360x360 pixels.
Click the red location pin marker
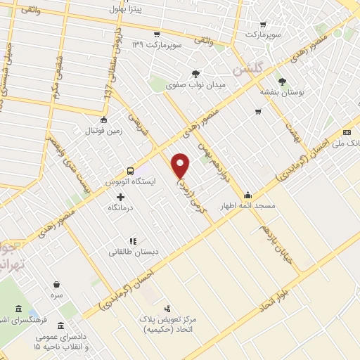pos(181,165)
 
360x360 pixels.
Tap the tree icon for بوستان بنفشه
pos(282,82)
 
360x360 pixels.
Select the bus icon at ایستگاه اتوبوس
pos(129,171)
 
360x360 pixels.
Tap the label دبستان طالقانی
pos(134,251)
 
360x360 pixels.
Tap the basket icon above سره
pos(56,285)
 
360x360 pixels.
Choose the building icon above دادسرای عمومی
pos(60,326)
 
